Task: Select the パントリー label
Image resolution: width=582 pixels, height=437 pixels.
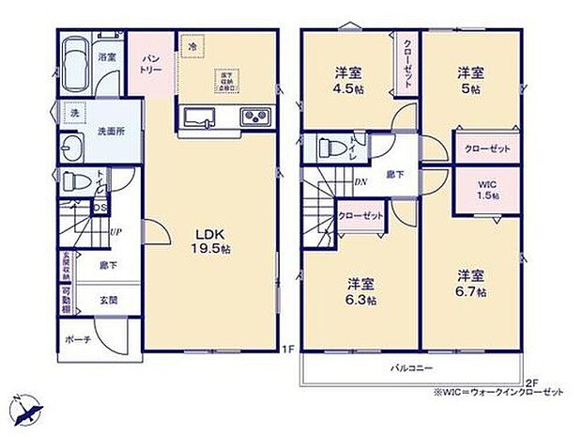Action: (149, 63)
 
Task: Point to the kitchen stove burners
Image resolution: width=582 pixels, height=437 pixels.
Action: (255, 117)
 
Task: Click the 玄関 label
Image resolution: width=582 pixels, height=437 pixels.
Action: (110, 300)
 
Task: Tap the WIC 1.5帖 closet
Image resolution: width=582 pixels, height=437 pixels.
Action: (486, 188)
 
